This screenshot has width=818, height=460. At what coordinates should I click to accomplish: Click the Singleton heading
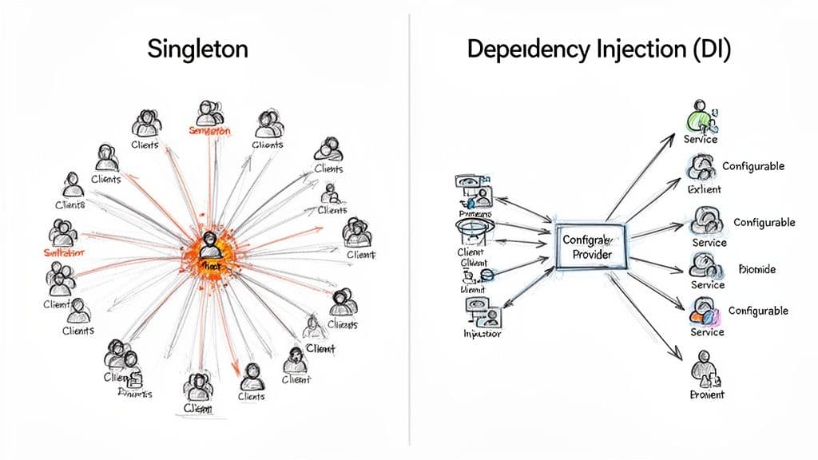pyautogui.click(x=197, y=50)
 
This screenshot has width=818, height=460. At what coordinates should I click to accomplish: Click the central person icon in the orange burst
pyautogui.click(x=210, y=243)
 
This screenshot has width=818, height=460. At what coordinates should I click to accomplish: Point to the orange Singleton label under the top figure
pyautogui.click(x=208, y=130)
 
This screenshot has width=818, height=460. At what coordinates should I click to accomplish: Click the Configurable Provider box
pyautogui.click(x=590, y=246)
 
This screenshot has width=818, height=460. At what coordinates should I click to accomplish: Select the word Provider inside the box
pyautogui.click(x=592, y=254)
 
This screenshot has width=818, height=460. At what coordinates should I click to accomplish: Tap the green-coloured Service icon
pyautogui.click(x=700, y=118)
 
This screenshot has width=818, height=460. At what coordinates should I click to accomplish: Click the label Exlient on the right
pyautogui.click(x=704, y=190)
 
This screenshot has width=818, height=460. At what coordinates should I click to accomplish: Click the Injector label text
pyautogui.click(x=482, y=335)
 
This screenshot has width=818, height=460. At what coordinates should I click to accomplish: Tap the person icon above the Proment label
pyautogui.click(x=701, y=371)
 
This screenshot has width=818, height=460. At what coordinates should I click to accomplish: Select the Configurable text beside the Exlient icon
pyautogui.click(x=752, y=166)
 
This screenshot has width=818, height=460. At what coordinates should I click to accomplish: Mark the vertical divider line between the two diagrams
pyautogui.click(x=409, y=240)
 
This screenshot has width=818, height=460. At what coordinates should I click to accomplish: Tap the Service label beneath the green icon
pyautogui.click(x=701, y=140)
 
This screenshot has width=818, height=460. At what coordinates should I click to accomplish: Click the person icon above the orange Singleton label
pyautogui.click(x=209, y=111)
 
